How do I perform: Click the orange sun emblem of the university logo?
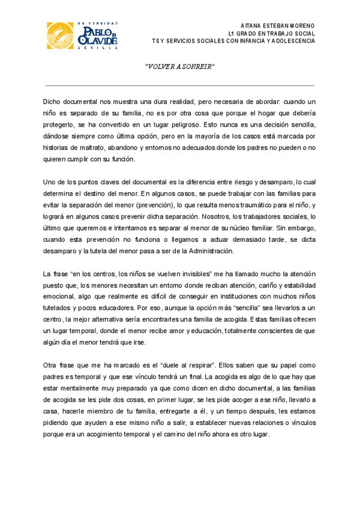62,37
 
